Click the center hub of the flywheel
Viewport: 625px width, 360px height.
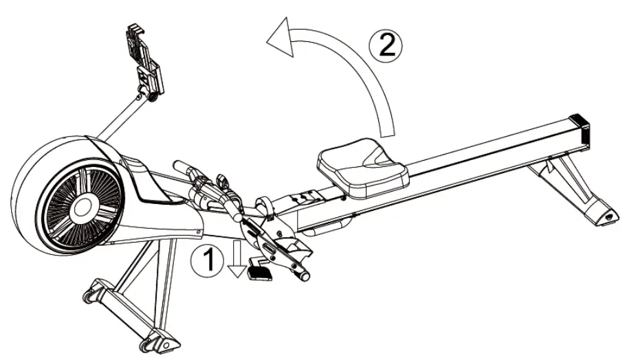[x=84, y=205]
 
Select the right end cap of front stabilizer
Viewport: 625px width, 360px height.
[x=154, y=341]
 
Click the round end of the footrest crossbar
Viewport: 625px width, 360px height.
[x=303, y=275]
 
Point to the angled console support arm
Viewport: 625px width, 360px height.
[x=117, y=116]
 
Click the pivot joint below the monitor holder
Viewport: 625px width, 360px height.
[x=146, y=89]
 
